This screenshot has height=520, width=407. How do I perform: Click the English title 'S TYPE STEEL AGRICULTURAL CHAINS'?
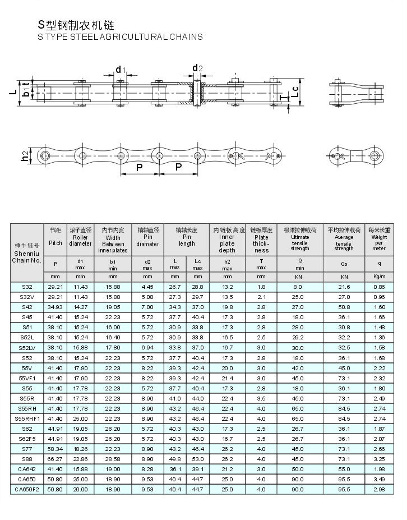[120, 37]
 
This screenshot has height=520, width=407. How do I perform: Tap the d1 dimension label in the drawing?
[120, 70]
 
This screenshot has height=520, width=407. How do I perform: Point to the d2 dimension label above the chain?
[197, 68]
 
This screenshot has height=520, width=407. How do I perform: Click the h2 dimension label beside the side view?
[25, 157]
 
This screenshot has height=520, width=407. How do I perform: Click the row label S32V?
[27, 297]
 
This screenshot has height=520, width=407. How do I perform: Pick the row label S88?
[27, 459]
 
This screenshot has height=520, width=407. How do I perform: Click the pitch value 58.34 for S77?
[55, 449]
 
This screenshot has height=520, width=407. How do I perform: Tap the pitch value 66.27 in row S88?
[55, 459]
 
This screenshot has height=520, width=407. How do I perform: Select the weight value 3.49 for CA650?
[379, 479]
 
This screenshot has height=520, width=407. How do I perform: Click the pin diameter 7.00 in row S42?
[147, 307]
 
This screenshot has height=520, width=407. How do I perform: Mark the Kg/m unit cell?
[379, 277]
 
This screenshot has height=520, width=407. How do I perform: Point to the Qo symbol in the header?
[344, 263]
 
